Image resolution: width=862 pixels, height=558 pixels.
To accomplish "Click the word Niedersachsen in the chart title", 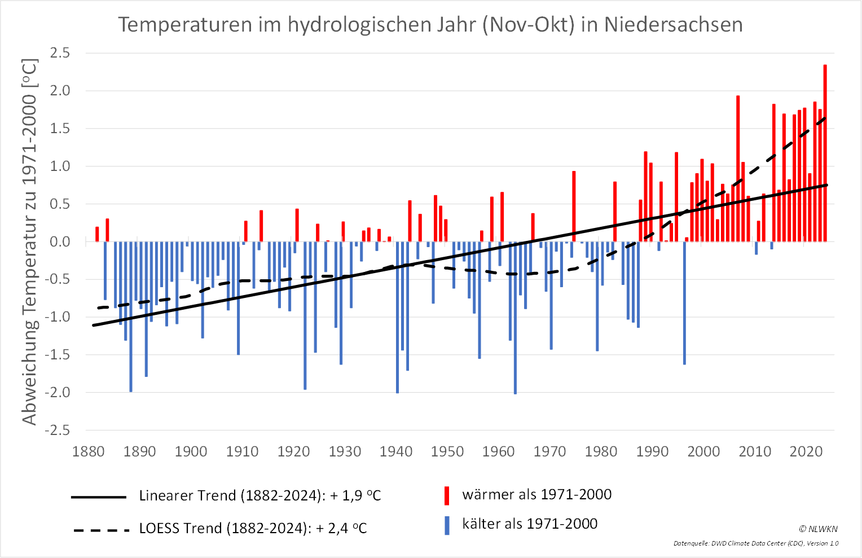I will tap(673, 25).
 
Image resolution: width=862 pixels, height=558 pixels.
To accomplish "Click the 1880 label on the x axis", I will tap(89, 452).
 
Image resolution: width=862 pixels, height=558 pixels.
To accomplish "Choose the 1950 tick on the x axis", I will tap(447, 452).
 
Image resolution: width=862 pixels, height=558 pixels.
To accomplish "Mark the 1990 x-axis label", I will tap(653, 452).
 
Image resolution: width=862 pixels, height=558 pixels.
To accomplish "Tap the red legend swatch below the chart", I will tap(447, 496).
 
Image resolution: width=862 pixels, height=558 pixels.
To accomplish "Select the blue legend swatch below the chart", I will tap(447, 526).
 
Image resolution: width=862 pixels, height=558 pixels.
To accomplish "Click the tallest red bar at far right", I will tap(825, 152).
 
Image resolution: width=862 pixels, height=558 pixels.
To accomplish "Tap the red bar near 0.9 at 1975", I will tap(574, 206).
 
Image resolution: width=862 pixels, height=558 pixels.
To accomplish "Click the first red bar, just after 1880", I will tap(97, 234).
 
